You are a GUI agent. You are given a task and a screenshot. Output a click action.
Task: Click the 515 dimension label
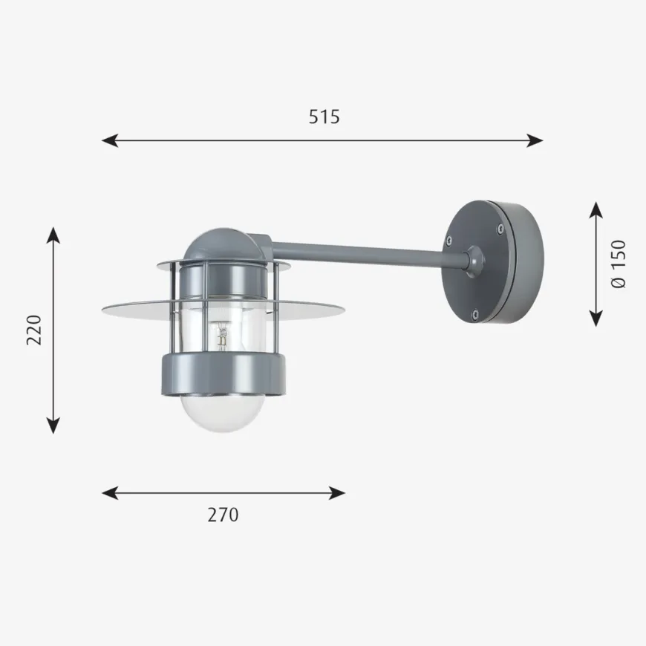[x=324, y=117]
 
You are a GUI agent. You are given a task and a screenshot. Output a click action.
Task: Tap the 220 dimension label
[x=34, y=330]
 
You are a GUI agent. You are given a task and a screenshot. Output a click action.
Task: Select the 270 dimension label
[x=223, y=515]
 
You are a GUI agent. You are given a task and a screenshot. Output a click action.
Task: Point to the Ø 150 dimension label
[x=619, y=264]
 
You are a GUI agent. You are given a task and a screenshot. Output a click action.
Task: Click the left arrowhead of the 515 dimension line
[x=110, y=140]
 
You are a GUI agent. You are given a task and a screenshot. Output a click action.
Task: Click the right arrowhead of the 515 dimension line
[x=535, y=140]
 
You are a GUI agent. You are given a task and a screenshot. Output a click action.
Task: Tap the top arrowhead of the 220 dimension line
[x=53, y=235]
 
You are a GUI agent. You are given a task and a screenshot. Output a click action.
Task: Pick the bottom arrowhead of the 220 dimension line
[x=53, y=425]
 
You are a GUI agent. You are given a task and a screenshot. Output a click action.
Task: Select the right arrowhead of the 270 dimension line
[x=337, y=493]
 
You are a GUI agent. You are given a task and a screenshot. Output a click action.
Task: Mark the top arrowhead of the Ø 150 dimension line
[x=596, y=209]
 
